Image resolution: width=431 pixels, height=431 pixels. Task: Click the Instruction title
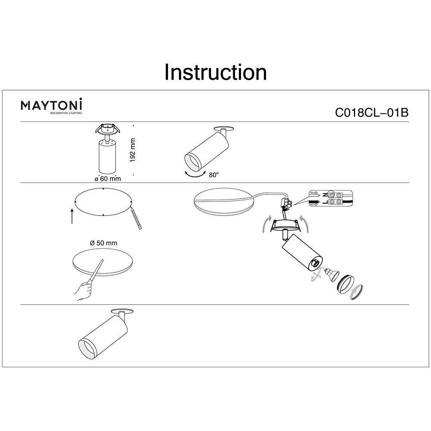click(215, 72)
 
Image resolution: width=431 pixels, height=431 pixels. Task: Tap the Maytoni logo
click(51, 106)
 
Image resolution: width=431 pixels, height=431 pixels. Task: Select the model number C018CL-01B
click(372, 112)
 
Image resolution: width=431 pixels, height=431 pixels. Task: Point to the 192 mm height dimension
click(132, 150)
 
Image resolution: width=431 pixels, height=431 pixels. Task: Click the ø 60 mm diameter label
click(108, 179)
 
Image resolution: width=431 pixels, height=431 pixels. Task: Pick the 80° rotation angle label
click(214, 175)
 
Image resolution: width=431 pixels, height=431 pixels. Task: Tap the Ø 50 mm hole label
click(103, 243)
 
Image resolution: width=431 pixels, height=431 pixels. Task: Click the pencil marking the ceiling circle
click(136, 218)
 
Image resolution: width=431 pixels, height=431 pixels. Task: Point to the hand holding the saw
click(83, 291)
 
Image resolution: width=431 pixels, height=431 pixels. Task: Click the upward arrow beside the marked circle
click(72, 216)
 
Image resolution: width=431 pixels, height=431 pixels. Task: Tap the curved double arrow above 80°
click(195, 174)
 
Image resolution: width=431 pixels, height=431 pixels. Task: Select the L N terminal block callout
click(331, 198)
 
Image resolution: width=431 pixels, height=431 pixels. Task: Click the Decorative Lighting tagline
click(66, 113)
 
